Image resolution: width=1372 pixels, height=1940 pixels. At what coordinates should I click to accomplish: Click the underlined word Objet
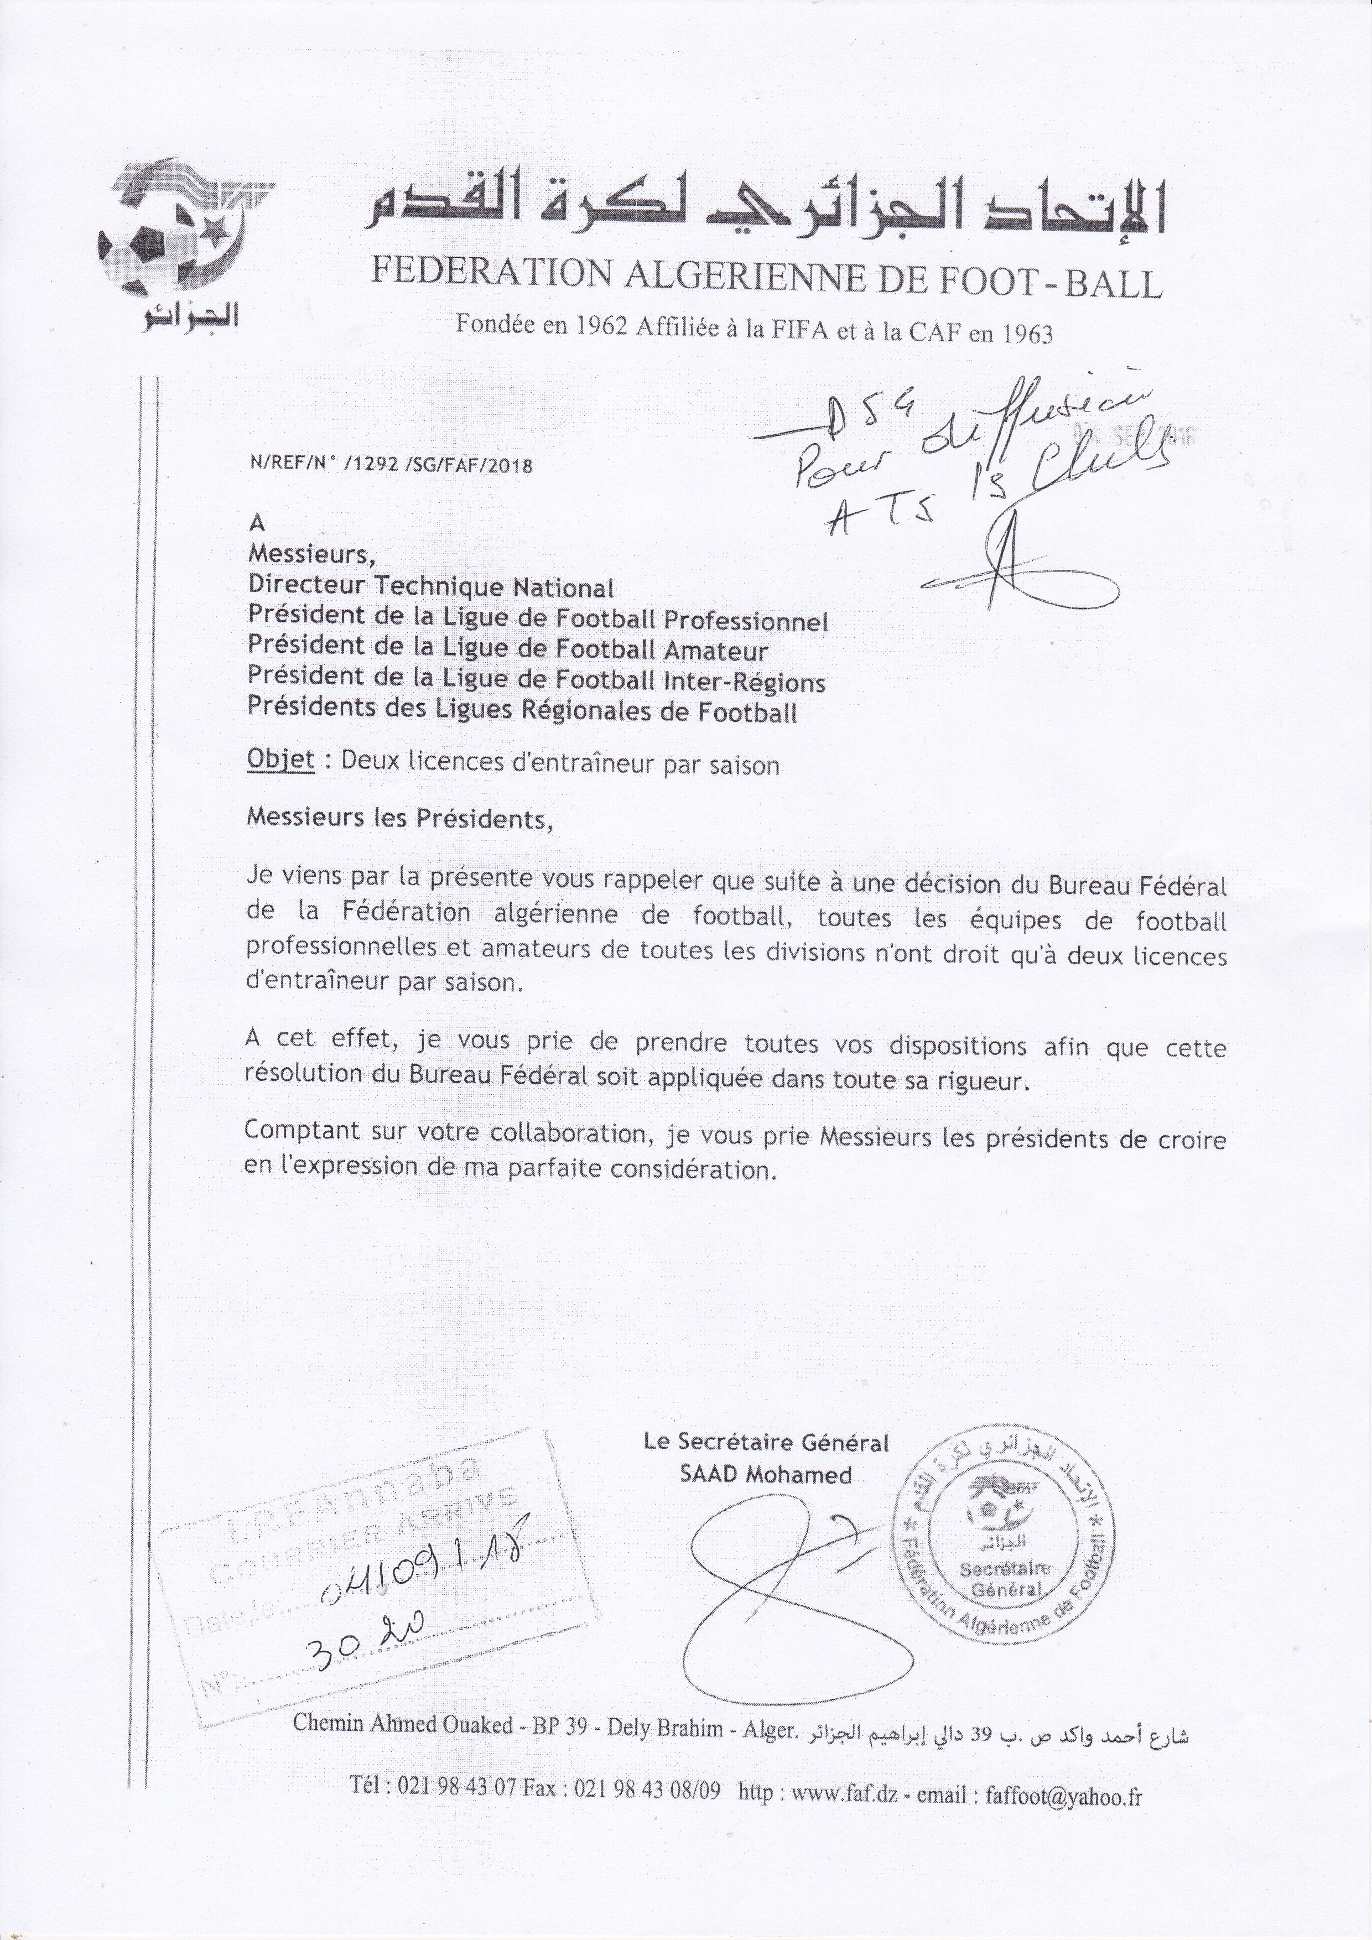coord(280,761)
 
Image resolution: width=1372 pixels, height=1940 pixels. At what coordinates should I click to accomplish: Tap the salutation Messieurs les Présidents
coord(398,818)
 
